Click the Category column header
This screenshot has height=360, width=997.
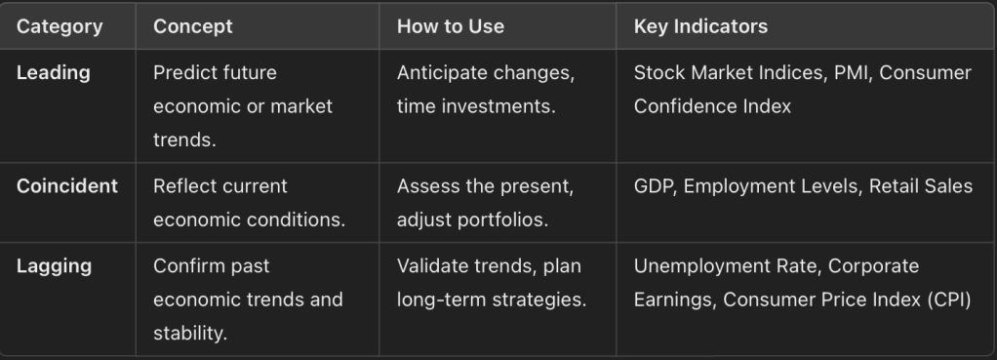(60, 26)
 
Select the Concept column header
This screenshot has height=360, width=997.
(192, 26)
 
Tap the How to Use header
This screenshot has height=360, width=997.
(450, 26)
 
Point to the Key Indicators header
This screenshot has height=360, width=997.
(700, 26)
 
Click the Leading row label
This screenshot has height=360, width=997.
(54, 73)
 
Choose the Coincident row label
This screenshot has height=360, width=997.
(67, 185)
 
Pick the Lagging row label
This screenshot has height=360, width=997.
(54, 266)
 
